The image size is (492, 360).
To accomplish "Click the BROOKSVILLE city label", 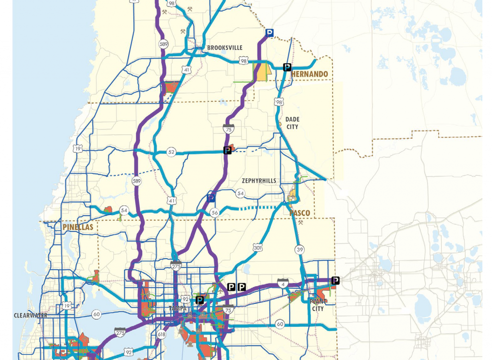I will pos(225,48).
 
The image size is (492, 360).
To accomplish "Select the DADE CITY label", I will pos(292,123).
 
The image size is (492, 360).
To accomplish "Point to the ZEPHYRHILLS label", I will pos(259,181).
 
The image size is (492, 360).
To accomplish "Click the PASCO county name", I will pos(300,213).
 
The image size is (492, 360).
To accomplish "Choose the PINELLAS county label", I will pos(77,227).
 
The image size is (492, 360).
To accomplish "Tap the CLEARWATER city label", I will pos(31,315).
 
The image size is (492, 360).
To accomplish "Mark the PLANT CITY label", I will pos(318,305).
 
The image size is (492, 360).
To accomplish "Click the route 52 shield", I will pos(172,152).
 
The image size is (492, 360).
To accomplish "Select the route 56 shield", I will pos(214,213).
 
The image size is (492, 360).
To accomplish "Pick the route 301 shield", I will pos(258,248).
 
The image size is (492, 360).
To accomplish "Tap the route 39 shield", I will pos(300,250).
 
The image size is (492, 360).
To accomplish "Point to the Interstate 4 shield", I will pos(283,284).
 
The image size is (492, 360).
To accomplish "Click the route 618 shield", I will pos(161,335).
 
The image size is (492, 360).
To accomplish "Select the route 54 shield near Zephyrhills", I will pos(240,193).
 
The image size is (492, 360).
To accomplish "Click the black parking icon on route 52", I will pos(228,150).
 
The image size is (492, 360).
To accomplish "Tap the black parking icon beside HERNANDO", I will pos(287,67).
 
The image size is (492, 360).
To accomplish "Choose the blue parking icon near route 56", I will pos(210,197).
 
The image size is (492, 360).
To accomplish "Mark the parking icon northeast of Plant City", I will pos(335,280).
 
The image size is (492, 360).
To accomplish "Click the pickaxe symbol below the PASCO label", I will pos(301,223).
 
